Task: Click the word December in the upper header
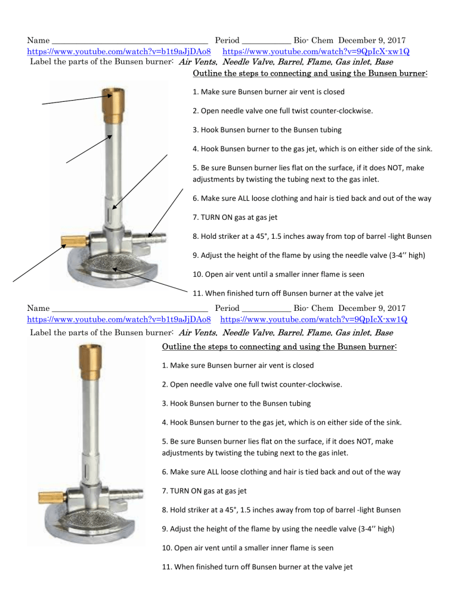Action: pos(359,41)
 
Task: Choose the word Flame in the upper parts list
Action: pos(321,61)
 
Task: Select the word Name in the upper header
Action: pos(38,41)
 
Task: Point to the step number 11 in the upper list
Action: pos(197,292)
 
